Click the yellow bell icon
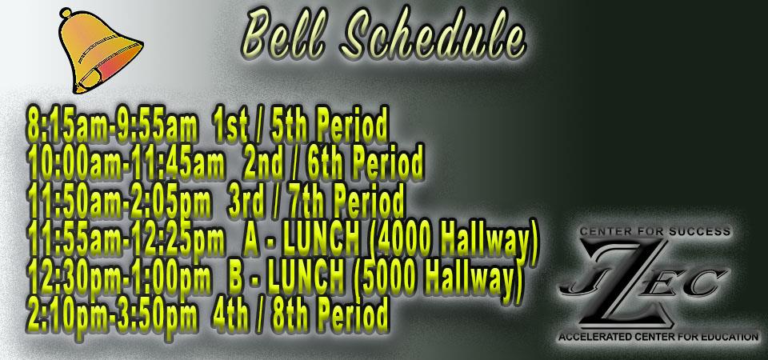pos(100,51)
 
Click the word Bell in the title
pos(283,34)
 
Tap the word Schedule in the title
pos(433,34)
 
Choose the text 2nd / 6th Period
pos(333,162)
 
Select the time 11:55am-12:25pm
pos(127,238)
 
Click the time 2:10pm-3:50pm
pos(113,313)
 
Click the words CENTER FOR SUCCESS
pos(654,230)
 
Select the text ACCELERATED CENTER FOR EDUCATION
pos(658,337)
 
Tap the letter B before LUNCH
pos(237,275)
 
